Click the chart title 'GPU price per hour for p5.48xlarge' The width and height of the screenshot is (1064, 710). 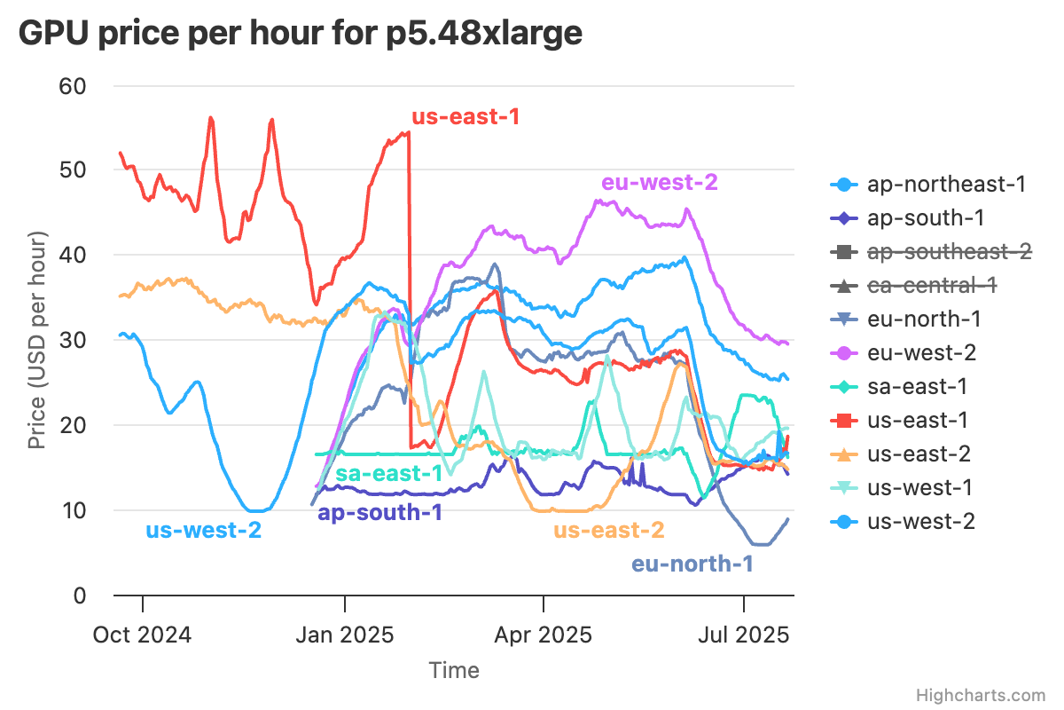(x=301, y=33)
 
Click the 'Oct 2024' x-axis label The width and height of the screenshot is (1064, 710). (x=143, y=635)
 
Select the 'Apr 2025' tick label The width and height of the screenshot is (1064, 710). (x=543, y=635)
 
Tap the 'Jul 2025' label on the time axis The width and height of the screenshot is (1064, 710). (x=743, y=635)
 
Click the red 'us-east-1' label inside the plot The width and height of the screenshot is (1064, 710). (x=465, y=116)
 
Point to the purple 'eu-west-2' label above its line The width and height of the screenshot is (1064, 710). (x=659, y=183)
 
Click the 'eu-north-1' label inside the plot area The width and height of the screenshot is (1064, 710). (x=692, y=564)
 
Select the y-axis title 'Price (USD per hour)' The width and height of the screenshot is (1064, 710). (x=36, y=341)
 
